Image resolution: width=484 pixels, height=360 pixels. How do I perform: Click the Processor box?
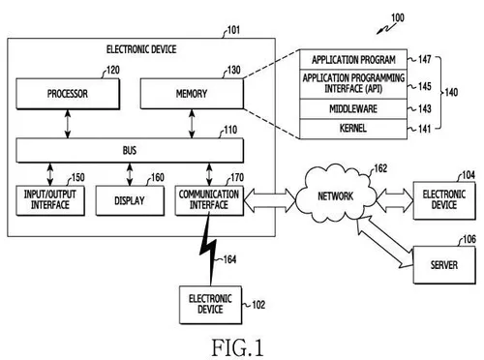pos(67,95)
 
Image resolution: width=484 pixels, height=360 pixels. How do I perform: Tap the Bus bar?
pos(127,151)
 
